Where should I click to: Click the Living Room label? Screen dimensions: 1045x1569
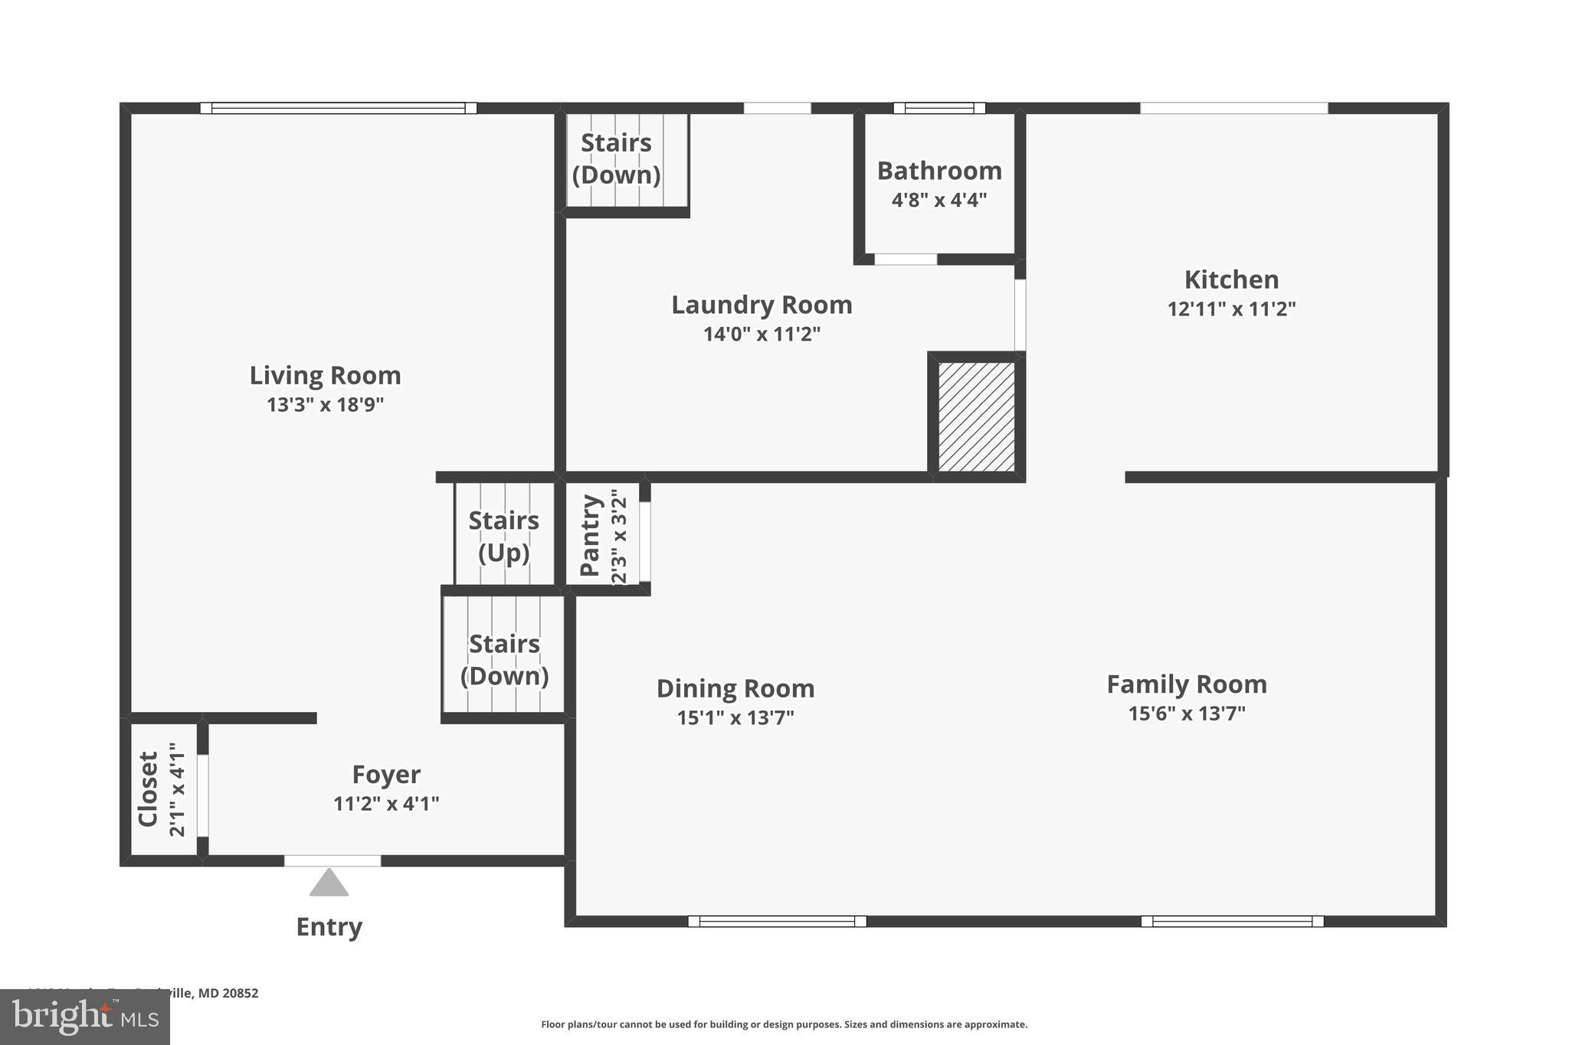pos(325,375)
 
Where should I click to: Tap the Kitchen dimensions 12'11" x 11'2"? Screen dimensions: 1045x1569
pos(1231,309)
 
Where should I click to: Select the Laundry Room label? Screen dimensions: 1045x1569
pos(762,305)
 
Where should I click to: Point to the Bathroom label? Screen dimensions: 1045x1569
pos(939,171)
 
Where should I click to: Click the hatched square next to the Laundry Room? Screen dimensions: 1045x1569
pos(977,416)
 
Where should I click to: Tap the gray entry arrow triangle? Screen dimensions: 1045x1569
pos(329,883)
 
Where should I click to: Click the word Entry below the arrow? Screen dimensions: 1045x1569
pos(329,927)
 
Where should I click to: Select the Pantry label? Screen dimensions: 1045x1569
pos(590,535)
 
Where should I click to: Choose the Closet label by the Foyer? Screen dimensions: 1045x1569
pos(148,789)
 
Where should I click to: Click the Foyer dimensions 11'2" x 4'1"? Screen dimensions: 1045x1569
pos(386,804)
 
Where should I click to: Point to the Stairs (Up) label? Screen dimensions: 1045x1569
pos(503,536)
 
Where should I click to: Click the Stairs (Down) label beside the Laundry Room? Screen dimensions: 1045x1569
pos(616,158)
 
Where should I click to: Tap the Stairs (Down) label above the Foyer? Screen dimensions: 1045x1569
pos(504,659)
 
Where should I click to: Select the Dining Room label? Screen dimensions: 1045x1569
pos(735,689)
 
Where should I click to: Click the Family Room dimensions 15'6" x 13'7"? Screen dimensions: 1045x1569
pos(1187,714)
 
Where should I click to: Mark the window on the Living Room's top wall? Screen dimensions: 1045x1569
pos(338,108)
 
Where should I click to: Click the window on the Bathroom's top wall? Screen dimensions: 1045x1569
pos(939,108)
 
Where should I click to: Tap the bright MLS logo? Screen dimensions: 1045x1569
pos(85,1017)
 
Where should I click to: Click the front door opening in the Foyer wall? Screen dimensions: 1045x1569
pos(332,860)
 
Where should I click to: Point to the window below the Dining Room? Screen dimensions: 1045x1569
pos(777,921)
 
